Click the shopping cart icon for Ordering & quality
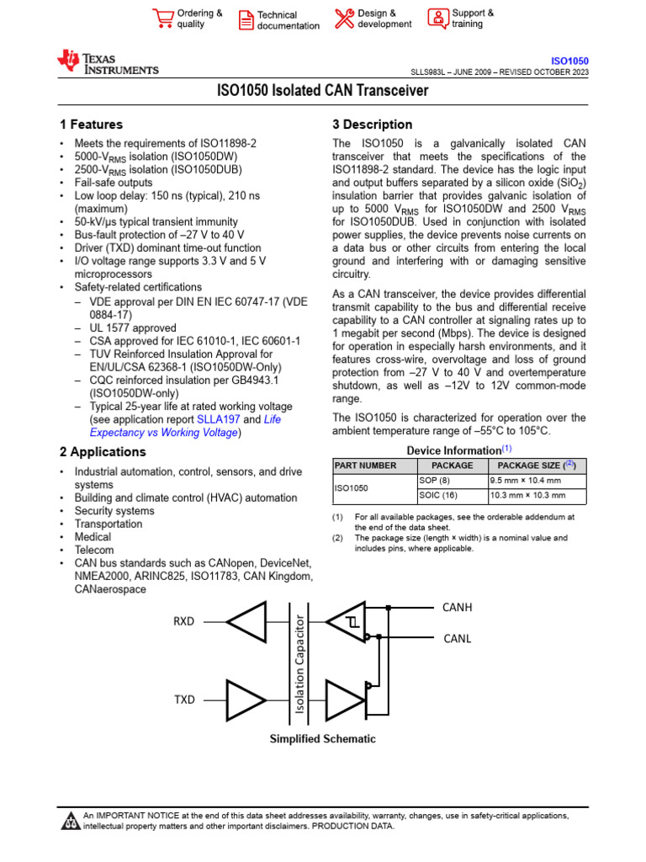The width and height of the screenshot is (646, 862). tap(162, 19)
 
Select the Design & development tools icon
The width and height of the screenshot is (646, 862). tap(345, 19)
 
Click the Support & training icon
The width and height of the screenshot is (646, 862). tap(438, 19)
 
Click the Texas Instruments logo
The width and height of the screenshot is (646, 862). tap(107, 62)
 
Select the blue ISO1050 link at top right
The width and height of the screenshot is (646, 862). tap(569, 61)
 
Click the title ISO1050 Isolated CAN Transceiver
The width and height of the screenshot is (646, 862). tap(323, 91)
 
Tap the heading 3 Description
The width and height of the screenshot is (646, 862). tap(373, 125)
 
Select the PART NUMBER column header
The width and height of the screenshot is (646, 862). tap(365, 466)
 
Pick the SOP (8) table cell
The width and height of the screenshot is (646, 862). tap(436, 480)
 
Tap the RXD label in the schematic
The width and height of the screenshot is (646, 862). tap(183, 622)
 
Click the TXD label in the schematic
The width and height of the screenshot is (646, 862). tap(183, 700)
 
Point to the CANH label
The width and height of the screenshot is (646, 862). tap(458, 607)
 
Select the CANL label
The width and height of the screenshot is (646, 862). tap(458, 639)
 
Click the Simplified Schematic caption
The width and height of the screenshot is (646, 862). tap(322, 739)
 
